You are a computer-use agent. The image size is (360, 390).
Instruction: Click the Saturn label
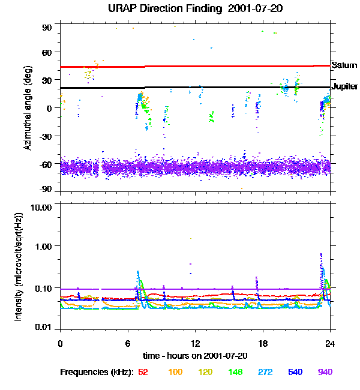coord(344,65)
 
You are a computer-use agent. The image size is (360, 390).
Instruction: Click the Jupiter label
coord(345,87)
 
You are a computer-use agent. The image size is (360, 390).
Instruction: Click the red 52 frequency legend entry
coord(143,372)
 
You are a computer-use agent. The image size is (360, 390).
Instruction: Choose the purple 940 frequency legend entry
coord(325,372)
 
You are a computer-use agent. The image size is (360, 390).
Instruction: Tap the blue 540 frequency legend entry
coord(295,372)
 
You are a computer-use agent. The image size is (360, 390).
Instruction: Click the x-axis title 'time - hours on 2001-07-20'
coord(195,355)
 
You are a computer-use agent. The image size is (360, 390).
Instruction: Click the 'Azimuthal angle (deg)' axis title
coord(27,108)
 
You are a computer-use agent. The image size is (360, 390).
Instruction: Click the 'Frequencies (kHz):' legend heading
coord(96,372)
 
